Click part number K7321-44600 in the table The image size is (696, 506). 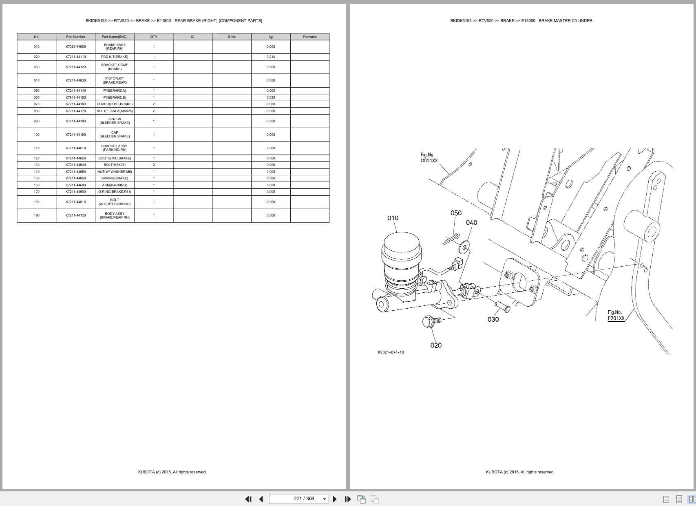[x=75, y=46]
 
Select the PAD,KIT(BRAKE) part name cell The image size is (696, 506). [x=115, y=57]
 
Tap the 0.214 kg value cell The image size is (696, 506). [x=271, y=57]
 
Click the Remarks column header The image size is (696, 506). [x=309, y=37]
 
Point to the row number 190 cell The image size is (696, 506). [x=37, y=215]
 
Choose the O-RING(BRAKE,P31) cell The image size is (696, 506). [x=115, y=192]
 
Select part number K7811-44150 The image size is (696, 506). [x=75, y=97]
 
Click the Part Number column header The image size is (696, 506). [x=75, y=37]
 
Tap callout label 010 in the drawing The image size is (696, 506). [x=393, y=218]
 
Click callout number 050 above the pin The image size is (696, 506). [x=456, y=213]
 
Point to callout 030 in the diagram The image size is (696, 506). [x=493, y=319]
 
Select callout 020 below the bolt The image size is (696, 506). [x=435, y=345]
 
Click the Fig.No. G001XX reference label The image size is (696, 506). [x=429, y=158]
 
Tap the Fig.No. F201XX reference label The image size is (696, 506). [x=616, y=316]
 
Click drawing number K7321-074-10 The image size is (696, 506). [x=391, y=352]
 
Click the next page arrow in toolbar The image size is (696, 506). [x=335, y=499]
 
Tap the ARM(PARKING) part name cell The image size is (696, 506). [x=115, y=185]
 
